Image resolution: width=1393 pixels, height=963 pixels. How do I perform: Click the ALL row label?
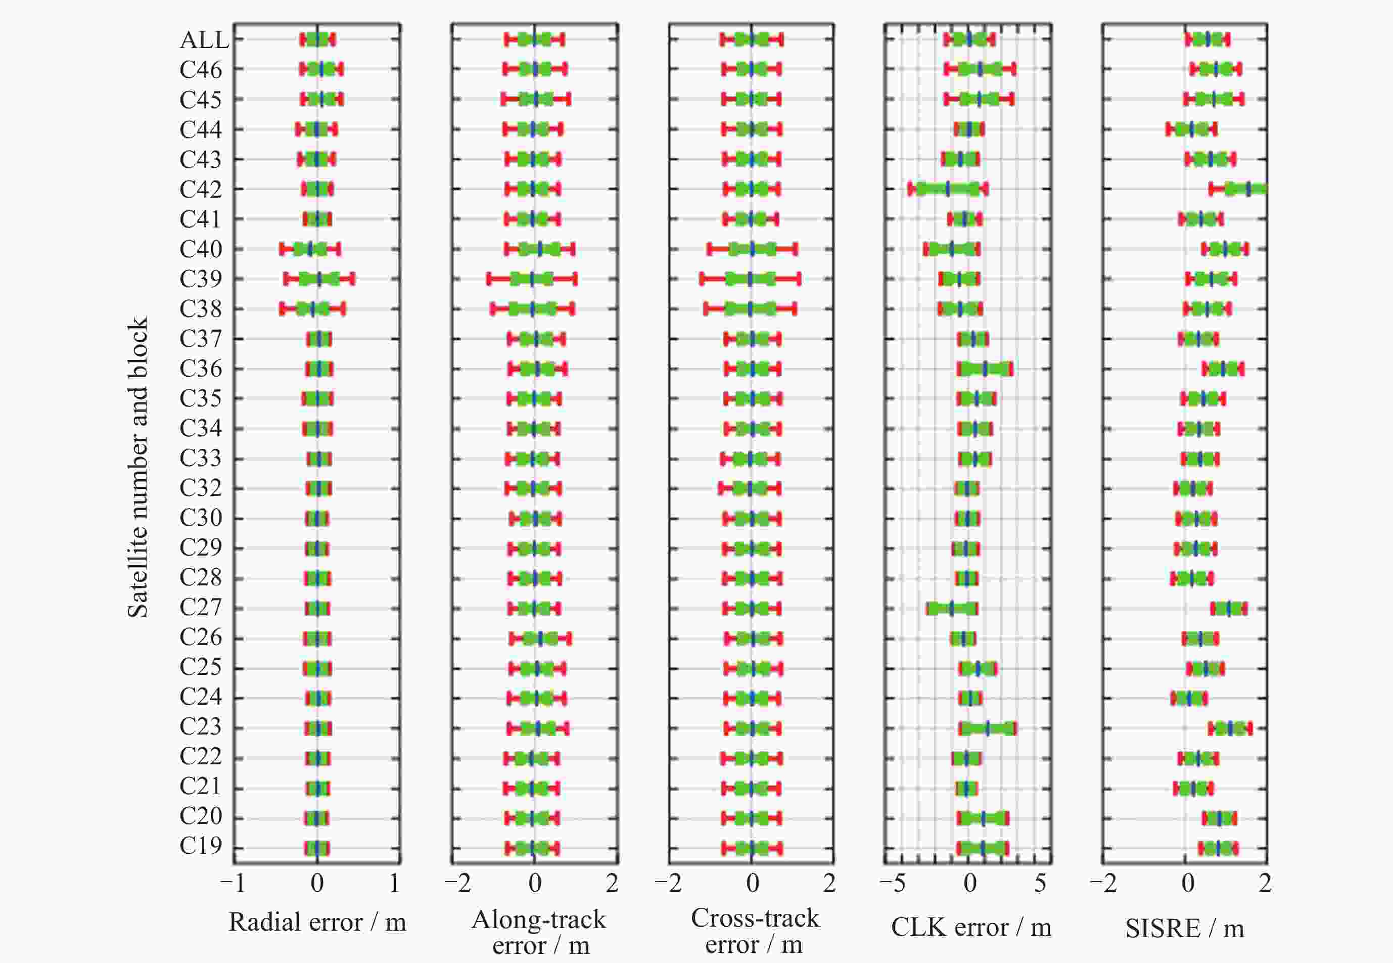coord(204,40)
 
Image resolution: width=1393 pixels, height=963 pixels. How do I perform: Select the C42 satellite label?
coord(200,190)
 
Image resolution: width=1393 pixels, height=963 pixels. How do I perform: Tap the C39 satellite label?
coord(200,279)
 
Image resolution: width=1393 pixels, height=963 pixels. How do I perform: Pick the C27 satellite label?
coord(200,607)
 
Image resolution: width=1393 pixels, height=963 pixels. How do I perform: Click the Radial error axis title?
coord(317,923)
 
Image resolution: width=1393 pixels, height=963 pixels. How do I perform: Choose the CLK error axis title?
coord(970,928)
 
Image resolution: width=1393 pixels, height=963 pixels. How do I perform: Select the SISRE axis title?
coord(1184,929)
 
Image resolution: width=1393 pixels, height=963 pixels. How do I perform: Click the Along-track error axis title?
coord(539,932)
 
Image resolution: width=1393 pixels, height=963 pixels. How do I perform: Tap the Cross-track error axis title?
coord(754,931)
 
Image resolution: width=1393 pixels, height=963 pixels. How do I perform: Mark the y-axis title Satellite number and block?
coord(137,468)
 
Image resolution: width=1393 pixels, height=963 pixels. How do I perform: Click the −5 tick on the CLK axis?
coord(893,883)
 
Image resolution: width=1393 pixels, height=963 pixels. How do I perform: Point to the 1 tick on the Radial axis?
coord(395,883)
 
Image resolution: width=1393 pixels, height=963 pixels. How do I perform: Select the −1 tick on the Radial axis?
coord(233,883)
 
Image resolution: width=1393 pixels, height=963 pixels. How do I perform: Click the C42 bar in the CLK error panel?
coord(948,190)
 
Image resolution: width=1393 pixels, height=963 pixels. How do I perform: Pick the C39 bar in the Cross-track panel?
coord(751,279)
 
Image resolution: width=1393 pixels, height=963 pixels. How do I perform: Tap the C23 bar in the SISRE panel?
coord(1230,729)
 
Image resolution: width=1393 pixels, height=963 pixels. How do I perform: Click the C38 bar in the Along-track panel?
coord(532,309)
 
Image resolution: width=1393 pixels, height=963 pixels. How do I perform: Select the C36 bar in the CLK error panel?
coord(985,369)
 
